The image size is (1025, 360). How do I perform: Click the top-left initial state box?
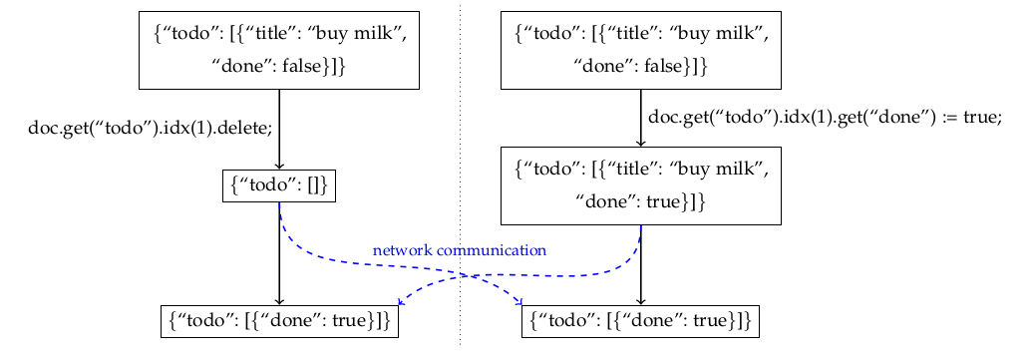coord(279,50)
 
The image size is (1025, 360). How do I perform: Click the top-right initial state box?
coord(640,50)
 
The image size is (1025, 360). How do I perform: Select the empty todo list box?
coord(279,185)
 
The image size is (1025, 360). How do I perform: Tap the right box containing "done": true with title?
coord(640,185)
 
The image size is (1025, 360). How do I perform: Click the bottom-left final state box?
coord(279,321)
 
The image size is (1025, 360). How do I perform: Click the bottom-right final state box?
coord(640,321)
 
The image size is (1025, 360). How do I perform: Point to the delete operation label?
coord(150,128)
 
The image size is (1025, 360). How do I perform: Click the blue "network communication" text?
coord(460,250)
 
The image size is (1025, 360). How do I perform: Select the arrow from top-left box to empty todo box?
coord(279,130)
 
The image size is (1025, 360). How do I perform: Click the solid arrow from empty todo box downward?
coord(279,254)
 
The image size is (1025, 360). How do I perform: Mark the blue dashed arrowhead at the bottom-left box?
coord(401,302)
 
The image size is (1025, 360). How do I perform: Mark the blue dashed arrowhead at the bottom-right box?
coord(519,302)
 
